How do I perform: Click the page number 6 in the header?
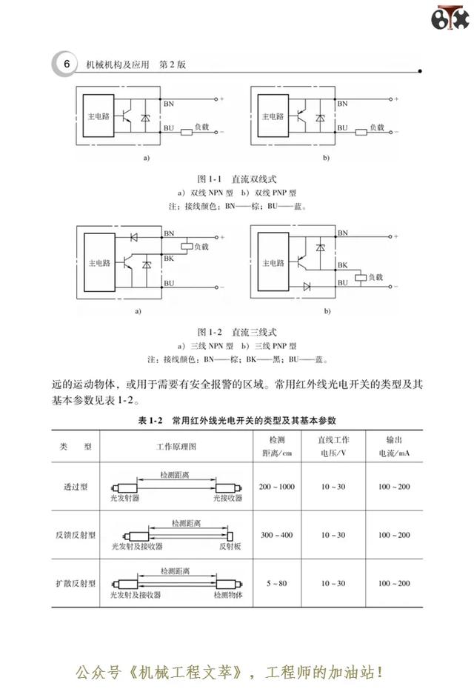[67, 64]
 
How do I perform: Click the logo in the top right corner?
[450, 18]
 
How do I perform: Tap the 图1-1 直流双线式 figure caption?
[237, 179]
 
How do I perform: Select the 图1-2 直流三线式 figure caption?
[237, 332]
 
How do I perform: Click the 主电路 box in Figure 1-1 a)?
[99, 116]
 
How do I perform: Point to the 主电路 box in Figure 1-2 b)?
[273, 262]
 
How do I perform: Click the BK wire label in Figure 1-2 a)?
[169, 259]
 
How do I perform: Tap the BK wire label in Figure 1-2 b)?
[343, 265]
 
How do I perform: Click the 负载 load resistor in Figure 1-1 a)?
[187, 131]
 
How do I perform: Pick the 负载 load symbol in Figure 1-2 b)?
[361, 277]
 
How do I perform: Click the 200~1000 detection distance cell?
[277, 487]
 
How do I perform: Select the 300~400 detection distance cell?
[277, 535]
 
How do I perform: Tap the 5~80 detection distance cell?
[277, 583]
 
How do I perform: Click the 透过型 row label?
[76, 487]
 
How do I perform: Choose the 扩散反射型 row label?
[76, 583]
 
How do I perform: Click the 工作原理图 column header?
[176, 447]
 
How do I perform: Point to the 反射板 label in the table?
[230, 546]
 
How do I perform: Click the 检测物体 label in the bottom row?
[228, 594]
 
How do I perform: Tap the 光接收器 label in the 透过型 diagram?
[228, 498]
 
